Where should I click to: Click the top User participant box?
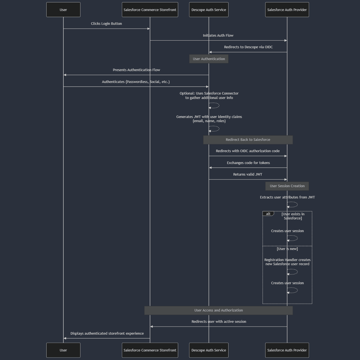pos(63,10)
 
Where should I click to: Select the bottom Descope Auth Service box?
pos(209,350)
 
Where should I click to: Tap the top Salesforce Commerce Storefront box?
pos(150,10)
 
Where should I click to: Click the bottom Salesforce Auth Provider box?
pos(287,350)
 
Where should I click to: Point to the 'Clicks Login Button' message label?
pos(106,24)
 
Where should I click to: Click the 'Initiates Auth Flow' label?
pos(218,36)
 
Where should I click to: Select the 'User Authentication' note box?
pos(209,59)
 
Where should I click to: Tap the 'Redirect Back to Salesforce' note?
pos(248,140)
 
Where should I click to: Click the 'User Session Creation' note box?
pos(287,186)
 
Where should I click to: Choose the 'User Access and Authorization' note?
pos(218,310)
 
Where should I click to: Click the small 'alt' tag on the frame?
pos(268,214)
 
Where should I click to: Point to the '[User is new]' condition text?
pos(287,249)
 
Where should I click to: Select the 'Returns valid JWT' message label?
pos(248,174)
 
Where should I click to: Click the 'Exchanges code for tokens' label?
pos(248,163)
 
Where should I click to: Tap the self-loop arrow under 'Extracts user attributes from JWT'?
pos(293,205)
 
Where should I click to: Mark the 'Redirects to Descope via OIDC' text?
pos(248,47)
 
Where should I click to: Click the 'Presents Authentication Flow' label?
pos(136,70)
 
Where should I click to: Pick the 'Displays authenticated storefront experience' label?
pos(107,334)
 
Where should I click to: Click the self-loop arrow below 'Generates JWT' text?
pos(214,129)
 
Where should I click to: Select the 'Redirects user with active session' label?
pos(219,322)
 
